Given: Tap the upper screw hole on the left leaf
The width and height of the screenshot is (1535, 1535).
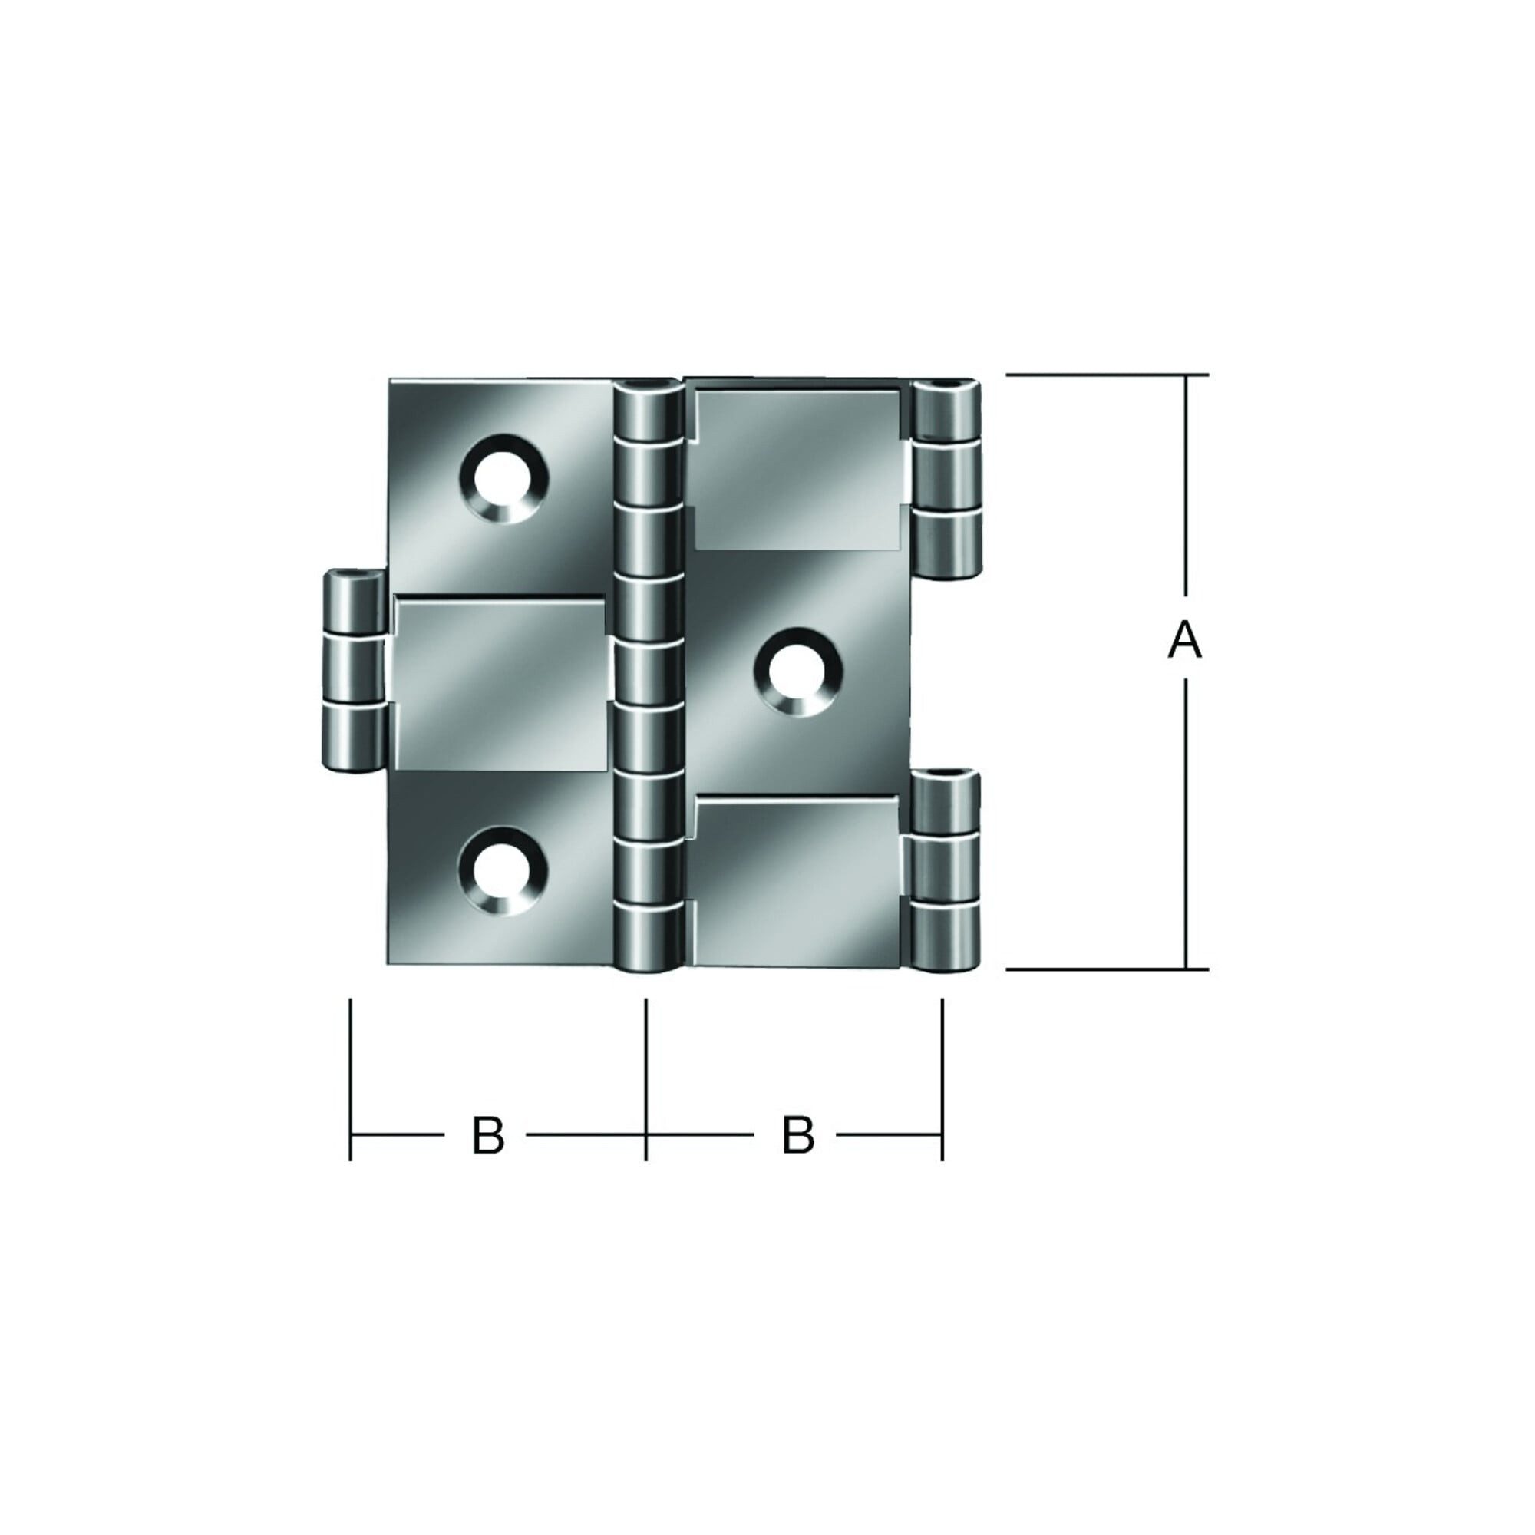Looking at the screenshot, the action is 502,478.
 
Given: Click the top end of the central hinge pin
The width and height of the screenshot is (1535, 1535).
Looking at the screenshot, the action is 648,388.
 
